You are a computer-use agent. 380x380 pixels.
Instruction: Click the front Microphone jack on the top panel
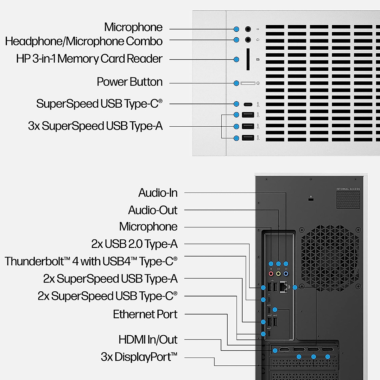click(248, 29)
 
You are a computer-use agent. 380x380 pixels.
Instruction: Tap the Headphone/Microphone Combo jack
click(248, 40)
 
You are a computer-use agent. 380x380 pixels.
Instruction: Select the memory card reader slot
click(248, 59)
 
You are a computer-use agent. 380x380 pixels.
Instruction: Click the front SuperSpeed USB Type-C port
click(248, 104)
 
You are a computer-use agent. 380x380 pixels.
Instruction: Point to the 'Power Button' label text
click(130, 82)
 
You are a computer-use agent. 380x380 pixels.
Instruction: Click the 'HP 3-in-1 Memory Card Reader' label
click(89, 59)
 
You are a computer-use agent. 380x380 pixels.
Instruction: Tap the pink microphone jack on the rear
click(271, 274)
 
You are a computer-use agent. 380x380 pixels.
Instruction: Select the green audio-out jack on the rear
click(278, 274)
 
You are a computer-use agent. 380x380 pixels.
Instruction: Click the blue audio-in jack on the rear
click(286, 274)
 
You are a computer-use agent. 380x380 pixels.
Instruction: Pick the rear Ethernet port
click(284, 287)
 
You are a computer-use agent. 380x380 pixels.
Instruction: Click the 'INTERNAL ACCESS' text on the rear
click(348, 189)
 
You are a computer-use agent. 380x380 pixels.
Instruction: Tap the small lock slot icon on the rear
click(311, 199)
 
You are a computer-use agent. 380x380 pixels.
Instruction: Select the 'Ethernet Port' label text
click(145, 314)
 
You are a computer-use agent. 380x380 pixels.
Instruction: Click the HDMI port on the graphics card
click(285, 350)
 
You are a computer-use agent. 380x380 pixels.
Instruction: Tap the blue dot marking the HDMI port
click(275, 351)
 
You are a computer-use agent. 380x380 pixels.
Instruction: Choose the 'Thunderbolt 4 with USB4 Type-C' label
click(91, 262)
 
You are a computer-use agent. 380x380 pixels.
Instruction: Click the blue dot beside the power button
click(236, 83)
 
